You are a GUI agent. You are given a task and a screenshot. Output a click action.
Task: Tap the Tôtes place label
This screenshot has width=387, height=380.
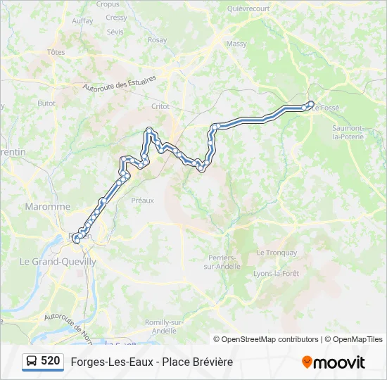57,52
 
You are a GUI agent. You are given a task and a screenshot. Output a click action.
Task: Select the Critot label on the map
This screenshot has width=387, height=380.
161,106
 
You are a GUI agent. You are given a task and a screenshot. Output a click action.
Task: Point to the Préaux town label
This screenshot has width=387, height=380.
142,201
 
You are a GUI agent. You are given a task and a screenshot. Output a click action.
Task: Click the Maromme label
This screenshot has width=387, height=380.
48,207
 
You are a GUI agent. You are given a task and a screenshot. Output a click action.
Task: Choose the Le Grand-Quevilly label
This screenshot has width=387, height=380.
58,261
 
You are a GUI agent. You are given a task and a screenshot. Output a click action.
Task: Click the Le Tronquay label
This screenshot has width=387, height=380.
277,253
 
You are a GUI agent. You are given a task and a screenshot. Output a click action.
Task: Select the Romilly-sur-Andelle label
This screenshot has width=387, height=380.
165,326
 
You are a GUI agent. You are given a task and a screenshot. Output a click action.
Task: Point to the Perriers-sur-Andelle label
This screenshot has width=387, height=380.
226,261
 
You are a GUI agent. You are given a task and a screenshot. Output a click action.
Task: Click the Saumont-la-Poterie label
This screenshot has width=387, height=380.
348,132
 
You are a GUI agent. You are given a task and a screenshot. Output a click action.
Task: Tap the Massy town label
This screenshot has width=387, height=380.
236,44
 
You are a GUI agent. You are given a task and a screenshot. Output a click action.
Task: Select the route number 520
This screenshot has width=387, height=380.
51,361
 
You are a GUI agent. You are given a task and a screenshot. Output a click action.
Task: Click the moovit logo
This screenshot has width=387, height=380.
334,362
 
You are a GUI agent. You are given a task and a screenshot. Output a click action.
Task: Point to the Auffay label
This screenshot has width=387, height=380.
82,21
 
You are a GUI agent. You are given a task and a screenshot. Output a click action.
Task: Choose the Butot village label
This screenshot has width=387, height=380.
46,103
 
